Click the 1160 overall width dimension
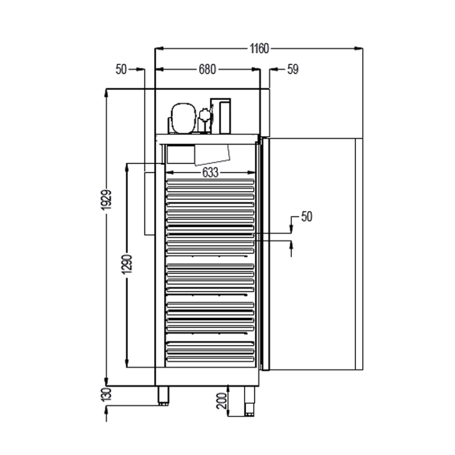point(259,48)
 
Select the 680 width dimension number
point(207,69)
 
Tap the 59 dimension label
point(293,69)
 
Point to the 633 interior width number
point(210,173)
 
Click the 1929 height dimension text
point(107,200)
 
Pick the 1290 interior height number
point(127,264)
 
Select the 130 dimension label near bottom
point(107,394)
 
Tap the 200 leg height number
point(222,401)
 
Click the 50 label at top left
point(121,69)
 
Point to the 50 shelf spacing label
point(307,217)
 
